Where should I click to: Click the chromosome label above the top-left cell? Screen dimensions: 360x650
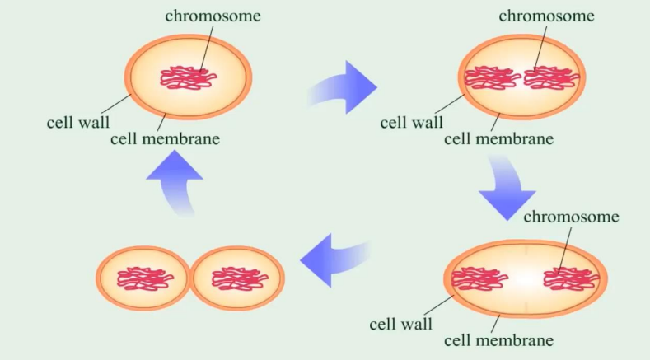pyautogui.click(x=213, y=16)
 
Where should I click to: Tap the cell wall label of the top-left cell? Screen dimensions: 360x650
pyautogui.click(x=78, y=123)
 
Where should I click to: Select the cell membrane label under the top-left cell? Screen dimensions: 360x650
pyautogui.click(x=165, y=138)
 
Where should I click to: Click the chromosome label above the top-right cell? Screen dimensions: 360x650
pyautogui.click(x=546, y=16)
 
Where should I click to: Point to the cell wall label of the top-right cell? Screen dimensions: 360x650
pyautogui.click(x=411, y=123)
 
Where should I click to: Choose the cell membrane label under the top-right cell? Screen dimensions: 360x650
pyautogui.click(x=498, y=138)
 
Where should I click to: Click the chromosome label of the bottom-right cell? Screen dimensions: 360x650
pyautogui.click(x=571, y=217)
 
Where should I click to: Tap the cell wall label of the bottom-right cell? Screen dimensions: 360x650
pyautogui.click(x=400, y=324)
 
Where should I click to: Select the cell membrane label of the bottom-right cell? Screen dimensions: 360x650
pyautogui.click(x=498, y=339)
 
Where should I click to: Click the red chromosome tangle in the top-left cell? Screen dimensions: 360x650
pyautogui.click(x=189, y=77)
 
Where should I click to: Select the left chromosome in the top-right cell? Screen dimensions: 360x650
pyautogui.click(x=492, y=78)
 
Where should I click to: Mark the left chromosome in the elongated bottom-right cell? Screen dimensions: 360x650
pyautogui.click(x=479, y=279)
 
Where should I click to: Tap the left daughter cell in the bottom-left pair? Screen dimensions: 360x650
pyautogui.click(x=143, y=279)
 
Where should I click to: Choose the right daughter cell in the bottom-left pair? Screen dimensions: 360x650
pyautogui.click(x=238, y=279)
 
